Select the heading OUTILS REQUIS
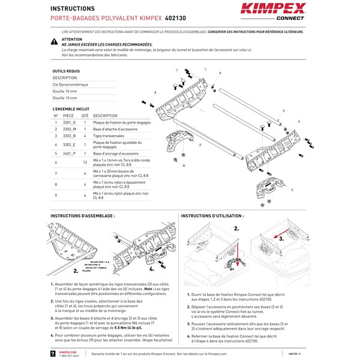tap(65, 71)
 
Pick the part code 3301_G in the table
tap(70, 122)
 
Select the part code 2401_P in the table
tap(70, 154)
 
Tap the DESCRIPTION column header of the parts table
tap(106, 115)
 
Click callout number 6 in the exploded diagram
tap(155, 92)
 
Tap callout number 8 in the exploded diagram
tap(183, 165)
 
